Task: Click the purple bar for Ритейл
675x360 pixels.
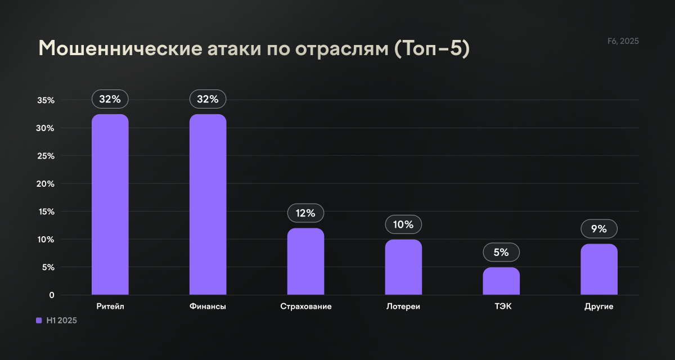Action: (110, 205)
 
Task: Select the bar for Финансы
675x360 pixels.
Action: (208, 205)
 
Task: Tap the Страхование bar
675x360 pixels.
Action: (305, 262)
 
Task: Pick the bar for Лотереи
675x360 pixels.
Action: (403, 267)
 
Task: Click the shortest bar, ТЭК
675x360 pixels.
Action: (501, 281)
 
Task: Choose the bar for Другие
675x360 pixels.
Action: (599, 269)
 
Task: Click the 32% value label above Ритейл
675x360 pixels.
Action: (110, 99)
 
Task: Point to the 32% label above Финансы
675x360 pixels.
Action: (208, 99)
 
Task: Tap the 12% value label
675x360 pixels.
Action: (305, 213)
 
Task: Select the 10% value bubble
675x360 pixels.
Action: (403, 225)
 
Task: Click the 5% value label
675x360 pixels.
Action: (501, 253)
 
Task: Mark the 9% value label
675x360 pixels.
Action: (599, 229)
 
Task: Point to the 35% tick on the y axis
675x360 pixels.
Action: (46, 101)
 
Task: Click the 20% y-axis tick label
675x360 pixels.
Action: (46, 184)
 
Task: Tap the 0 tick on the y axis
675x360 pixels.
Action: (51, 295)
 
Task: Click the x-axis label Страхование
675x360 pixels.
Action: (305, 307)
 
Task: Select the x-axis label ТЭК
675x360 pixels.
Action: (501, 307)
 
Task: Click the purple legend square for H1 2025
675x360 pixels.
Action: (39, 320)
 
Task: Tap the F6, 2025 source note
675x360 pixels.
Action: (623, 41)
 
